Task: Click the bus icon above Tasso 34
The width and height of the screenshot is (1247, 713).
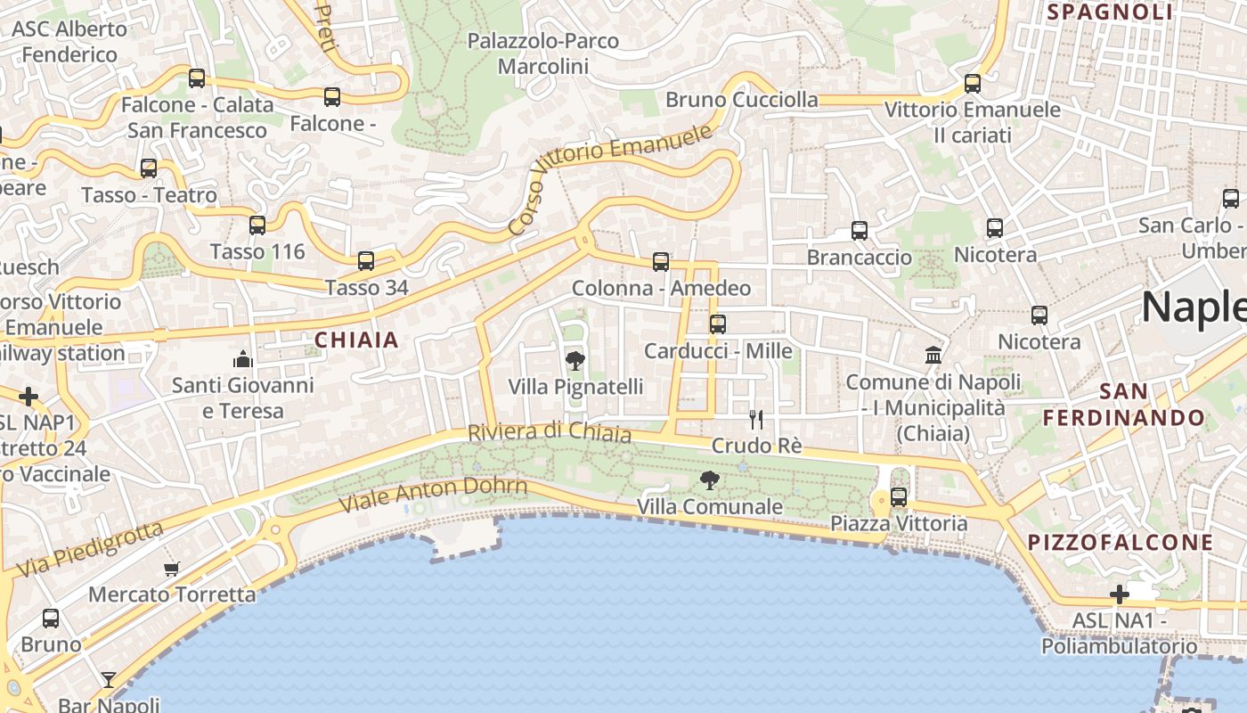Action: click(x=366, y=261)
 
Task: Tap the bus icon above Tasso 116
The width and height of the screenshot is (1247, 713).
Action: click(x=257, y=225)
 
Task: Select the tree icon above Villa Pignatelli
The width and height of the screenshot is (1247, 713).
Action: click(x=575, y=361)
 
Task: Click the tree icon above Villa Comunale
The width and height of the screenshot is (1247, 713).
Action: click(x=710, y=481)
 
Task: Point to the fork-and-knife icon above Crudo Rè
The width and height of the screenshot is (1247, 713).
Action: click(x=756, y=420)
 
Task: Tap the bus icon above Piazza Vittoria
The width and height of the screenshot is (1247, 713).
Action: click(x=899, y=497)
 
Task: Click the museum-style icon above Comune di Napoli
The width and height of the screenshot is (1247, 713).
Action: click(x=933, y=356)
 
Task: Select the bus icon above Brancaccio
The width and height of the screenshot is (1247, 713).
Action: click(x=860, y=231)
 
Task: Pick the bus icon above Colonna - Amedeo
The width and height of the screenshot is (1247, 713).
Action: click(x=661, y=262)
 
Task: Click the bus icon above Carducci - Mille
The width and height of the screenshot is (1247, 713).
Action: click(x=718, y=324)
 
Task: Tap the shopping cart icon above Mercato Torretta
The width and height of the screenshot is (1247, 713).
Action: click(x=172, y=569)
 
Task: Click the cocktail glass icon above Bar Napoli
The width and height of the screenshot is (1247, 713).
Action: click(x=109, y=680)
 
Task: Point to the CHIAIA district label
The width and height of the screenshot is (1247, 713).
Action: click(x=356, y=340)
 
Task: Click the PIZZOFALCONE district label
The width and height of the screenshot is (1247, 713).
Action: click(x=1121, y=542)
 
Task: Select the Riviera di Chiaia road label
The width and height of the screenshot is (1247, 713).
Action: click(x=550, y=432)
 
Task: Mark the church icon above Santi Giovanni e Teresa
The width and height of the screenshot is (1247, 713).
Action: click(x=242, y=359)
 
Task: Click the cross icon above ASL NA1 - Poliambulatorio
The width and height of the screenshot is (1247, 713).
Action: click(x=1120, y=594)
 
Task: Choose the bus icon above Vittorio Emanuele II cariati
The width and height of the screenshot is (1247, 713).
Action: click(x=973, y=84)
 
